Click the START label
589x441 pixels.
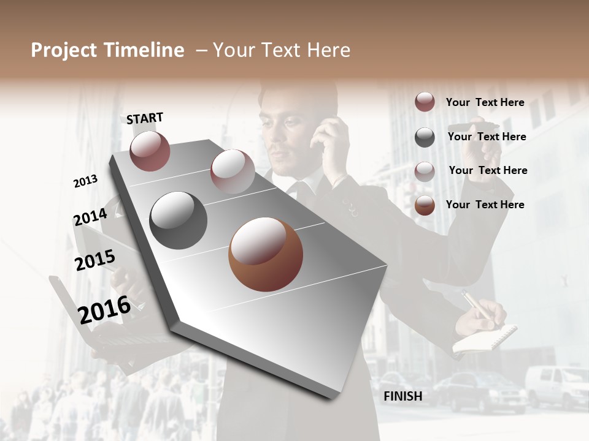click(145, 118)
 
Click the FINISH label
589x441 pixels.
click(402, 396)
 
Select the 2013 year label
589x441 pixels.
click(85, 181)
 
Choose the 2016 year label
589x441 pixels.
click(104, 309)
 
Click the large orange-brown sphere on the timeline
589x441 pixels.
click(266, 254)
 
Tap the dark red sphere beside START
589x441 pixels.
click(150, 151)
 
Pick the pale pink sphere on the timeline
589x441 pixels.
click(232, 171)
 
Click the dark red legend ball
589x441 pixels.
click(425, 102)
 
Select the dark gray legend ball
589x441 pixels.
click(425, 137)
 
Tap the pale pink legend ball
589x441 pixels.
click(425, 171)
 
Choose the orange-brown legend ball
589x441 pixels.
click(425, 205)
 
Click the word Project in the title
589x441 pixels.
click(64, 50)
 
